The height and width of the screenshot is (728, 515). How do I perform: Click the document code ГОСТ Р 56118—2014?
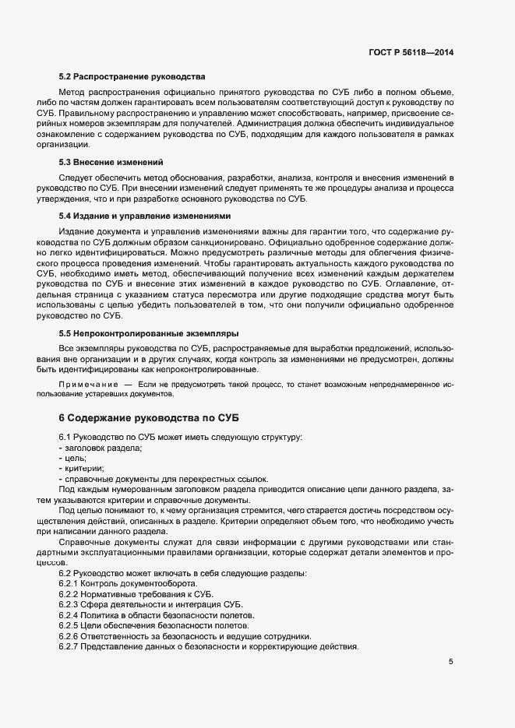411,52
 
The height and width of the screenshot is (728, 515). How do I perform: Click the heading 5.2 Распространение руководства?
132,77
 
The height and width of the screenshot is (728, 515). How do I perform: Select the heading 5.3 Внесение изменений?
111,162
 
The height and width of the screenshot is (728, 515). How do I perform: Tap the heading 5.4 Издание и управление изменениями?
144,215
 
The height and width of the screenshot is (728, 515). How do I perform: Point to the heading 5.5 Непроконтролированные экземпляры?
149,333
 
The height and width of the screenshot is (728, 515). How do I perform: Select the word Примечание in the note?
86,385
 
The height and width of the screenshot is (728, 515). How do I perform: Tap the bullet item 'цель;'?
76,459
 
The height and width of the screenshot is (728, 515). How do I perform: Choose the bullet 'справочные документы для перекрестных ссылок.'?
166,479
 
